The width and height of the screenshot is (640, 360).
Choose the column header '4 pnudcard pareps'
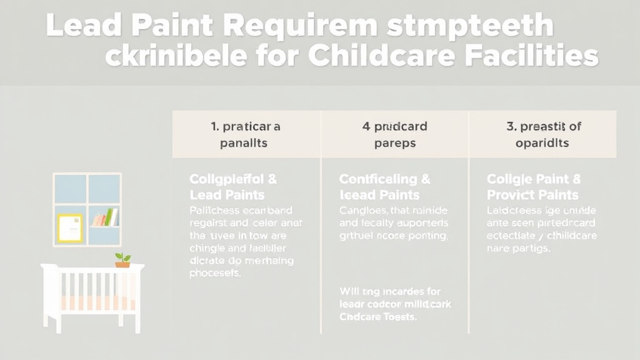pos(394,134)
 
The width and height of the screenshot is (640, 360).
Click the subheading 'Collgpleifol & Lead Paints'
pos(232,187)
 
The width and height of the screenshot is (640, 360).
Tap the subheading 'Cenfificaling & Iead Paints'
pos(384,187)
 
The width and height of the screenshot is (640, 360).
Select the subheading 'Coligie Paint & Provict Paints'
pos(534,187)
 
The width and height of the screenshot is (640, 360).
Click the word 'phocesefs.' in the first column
pos(214,274)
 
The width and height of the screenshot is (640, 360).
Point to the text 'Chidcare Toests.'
pos(378,317)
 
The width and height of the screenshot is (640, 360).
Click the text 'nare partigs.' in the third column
pos(518,248)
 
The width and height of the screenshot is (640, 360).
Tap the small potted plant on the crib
pos(122,259)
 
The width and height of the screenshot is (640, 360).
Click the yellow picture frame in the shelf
pos(70,227)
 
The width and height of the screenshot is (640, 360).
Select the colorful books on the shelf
pos(104,218)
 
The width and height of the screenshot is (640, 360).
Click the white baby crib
pos(92,294)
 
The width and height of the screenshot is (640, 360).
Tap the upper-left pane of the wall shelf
pos(70,189)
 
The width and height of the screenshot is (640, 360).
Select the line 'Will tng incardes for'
pos(390,291)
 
